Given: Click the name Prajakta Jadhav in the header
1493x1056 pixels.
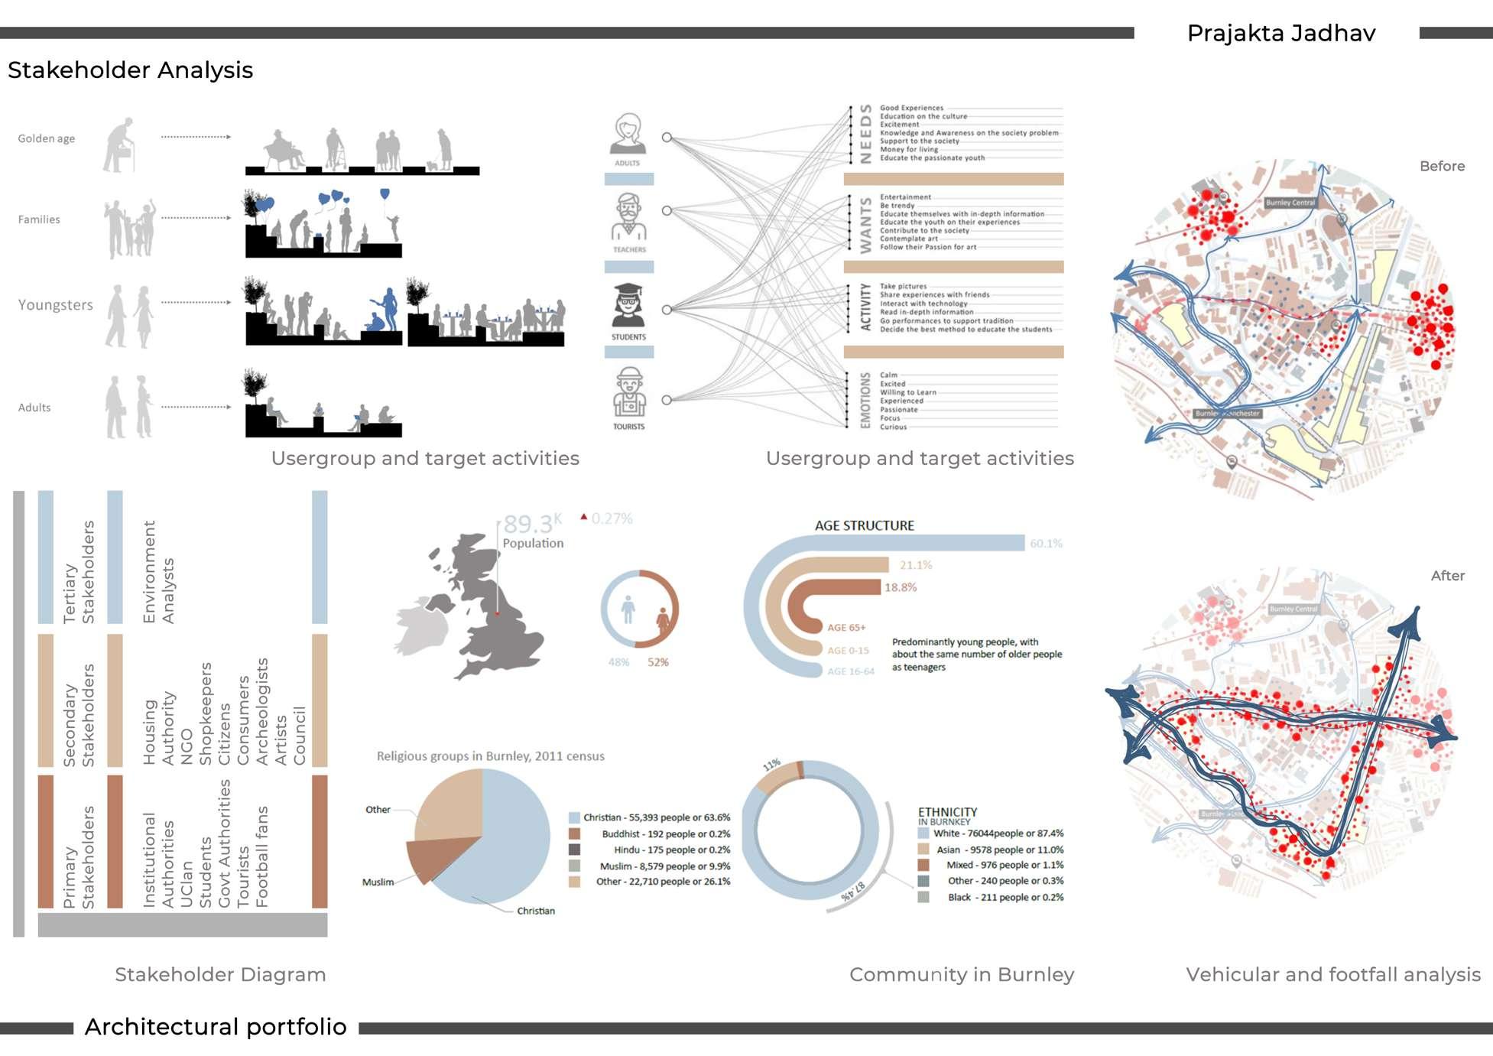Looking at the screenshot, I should pyautogui.click(x=1280, y=33).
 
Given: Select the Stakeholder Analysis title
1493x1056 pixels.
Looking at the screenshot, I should pyautogui.click(x=130, y=70).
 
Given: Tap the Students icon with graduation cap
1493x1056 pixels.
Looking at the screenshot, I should pyautogui.click(x=628, y=307).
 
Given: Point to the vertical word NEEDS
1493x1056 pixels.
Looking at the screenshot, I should pyautogui.click(x=865, y=134).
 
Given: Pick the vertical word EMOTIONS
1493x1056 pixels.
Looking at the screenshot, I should pyautogui.click(x=865, y=400).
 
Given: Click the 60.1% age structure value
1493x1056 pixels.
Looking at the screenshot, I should pyautogui.click(x=1046, y=544).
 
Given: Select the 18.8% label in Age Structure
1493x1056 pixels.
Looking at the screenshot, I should pyautogui.click(x=901, y=587).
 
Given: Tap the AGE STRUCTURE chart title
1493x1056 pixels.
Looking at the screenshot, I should pyautogui.click(x=864, y=525).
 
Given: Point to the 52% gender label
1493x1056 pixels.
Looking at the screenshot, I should pyautogui.click(x=657, y=662).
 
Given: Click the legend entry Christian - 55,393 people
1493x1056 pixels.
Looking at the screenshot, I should pyautogui.click(x=656, y=817).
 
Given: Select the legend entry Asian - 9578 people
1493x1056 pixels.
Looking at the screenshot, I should pyautogui.click(x=998, y=850).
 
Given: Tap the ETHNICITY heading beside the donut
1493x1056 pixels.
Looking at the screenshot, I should pyautogui.click(x=947, y=812).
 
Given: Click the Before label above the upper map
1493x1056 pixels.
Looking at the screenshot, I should pyautogui.click(x=1442, y=166).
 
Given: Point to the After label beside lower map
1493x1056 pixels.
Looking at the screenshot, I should pyautogui.click(x=1447, y=576).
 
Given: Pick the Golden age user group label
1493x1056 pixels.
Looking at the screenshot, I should pyautogui.click(x=47, y=138).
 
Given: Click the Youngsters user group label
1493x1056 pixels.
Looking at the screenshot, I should pyautogui.click(x=55, y=304).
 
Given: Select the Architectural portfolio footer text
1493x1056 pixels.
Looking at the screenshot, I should pyautogui.click(x=216, y=1026).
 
